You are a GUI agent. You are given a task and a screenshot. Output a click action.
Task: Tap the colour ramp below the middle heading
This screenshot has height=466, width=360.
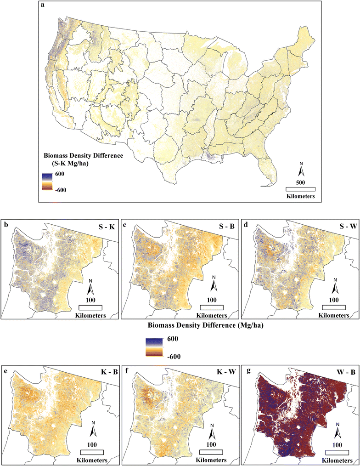152,347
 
